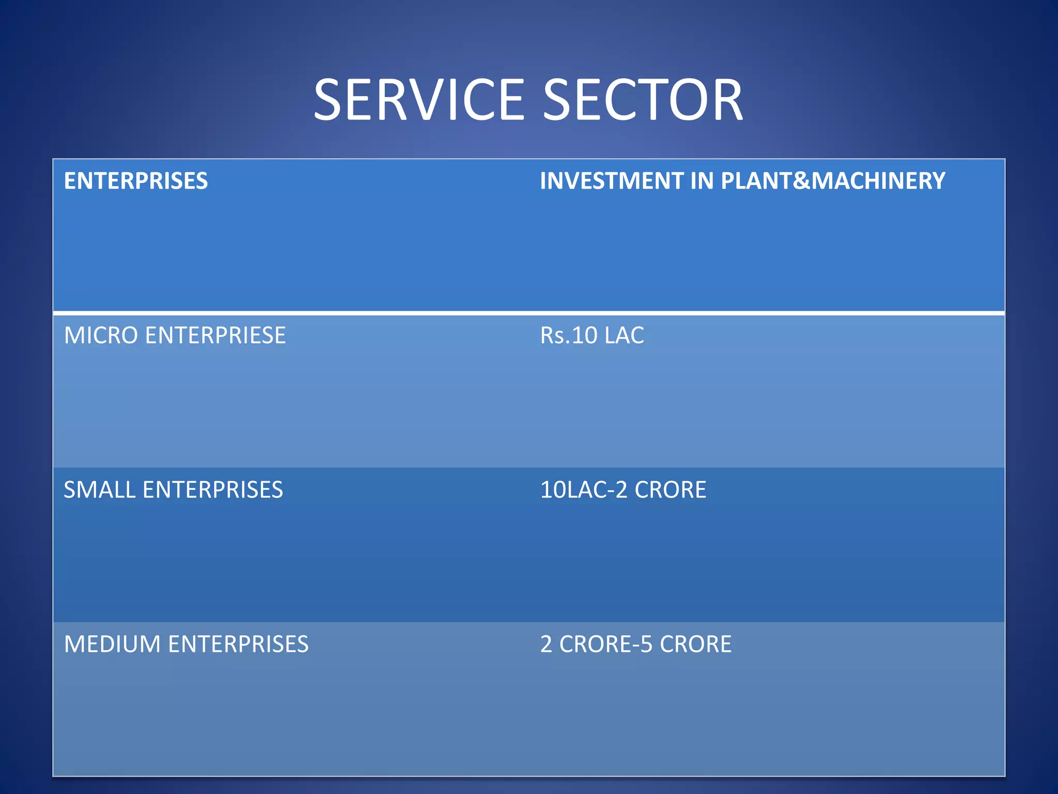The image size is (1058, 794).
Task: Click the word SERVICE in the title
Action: [x=418, y=99]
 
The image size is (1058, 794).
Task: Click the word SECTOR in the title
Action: [x=643, y=99]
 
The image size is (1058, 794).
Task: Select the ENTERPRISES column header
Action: [x=136, y=181]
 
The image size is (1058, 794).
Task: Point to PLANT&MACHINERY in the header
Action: [x=833, y=181]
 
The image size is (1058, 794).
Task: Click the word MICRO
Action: [x=101, y=335]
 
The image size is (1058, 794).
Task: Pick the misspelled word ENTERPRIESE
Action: [x=215, y=335]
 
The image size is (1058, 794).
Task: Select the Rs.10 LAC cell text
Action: [x=592, y=335]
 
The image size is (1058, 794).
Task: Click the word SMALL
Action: [x=100, y=490]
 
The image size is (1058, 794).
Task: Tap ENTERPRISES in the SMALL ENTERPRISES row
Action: [x=213, y=490]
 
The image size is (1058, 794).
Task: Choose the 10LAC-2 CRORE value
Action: [x=623, y=490]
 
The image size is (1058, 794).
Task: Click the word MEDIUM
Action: [x=113, y=644]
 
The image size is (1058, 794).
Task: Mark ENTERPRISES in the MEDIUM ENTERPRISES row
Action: [x=238, y=644]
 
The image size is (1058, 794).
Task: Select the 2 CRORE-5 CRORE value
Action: [x=636, y=644]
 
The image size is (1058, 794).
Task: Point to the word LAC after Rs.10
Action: [x=624, y=335]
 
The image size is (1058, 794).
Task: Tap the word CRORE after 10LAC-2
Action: [x=670, y=490]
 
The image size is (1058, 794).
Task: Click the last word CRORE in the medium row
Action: [x=695, y=644]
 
